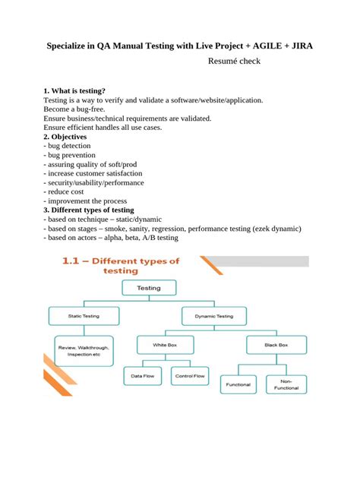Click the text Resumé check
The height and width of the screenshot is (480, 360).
[x=234, y=60]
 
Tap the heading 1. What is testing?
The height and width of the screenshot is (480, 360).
[x=74, y=90]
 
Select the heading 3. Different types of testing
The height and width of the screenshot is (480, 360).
[x=89, y=210]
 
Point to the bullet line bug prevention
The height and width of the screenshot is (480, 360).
[x=71, y=155]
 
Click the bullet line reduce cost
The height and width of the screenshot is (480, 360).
[x=66, y=191]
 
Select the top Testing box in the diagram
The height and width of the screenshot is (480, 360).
[x=148, y=288]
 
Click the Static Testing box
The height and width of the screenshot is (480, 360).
[x=84, y=314]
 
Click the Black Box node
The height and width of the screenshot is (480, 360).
[x=276, y=345]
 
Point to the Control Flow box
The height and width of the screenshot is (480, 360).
[x=189, y=375]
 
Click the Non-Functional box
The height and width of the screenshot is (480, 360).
[x=286, y=385]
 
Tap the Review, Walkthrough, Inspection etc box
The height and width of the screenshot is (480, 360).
[x=84, y=350]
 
